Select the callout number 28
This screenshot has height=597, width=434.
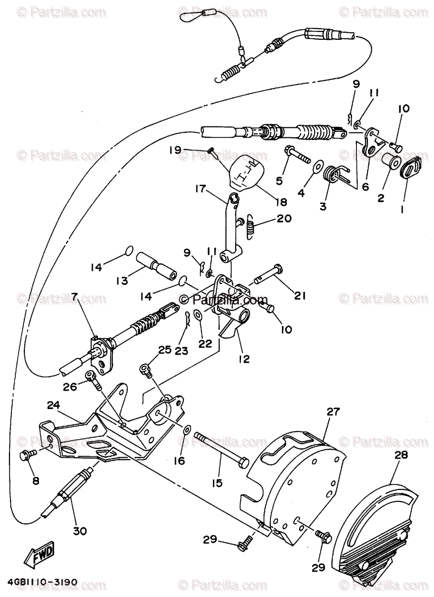401,455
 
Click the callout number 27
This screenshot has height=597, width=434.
332,411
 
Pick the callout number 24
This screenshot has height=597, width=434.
54,405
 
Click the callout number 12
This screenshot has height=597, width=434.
244,358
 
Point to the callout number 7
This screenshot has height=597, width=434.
75,298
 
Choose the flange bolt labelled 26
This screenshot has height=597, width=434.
93,379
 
